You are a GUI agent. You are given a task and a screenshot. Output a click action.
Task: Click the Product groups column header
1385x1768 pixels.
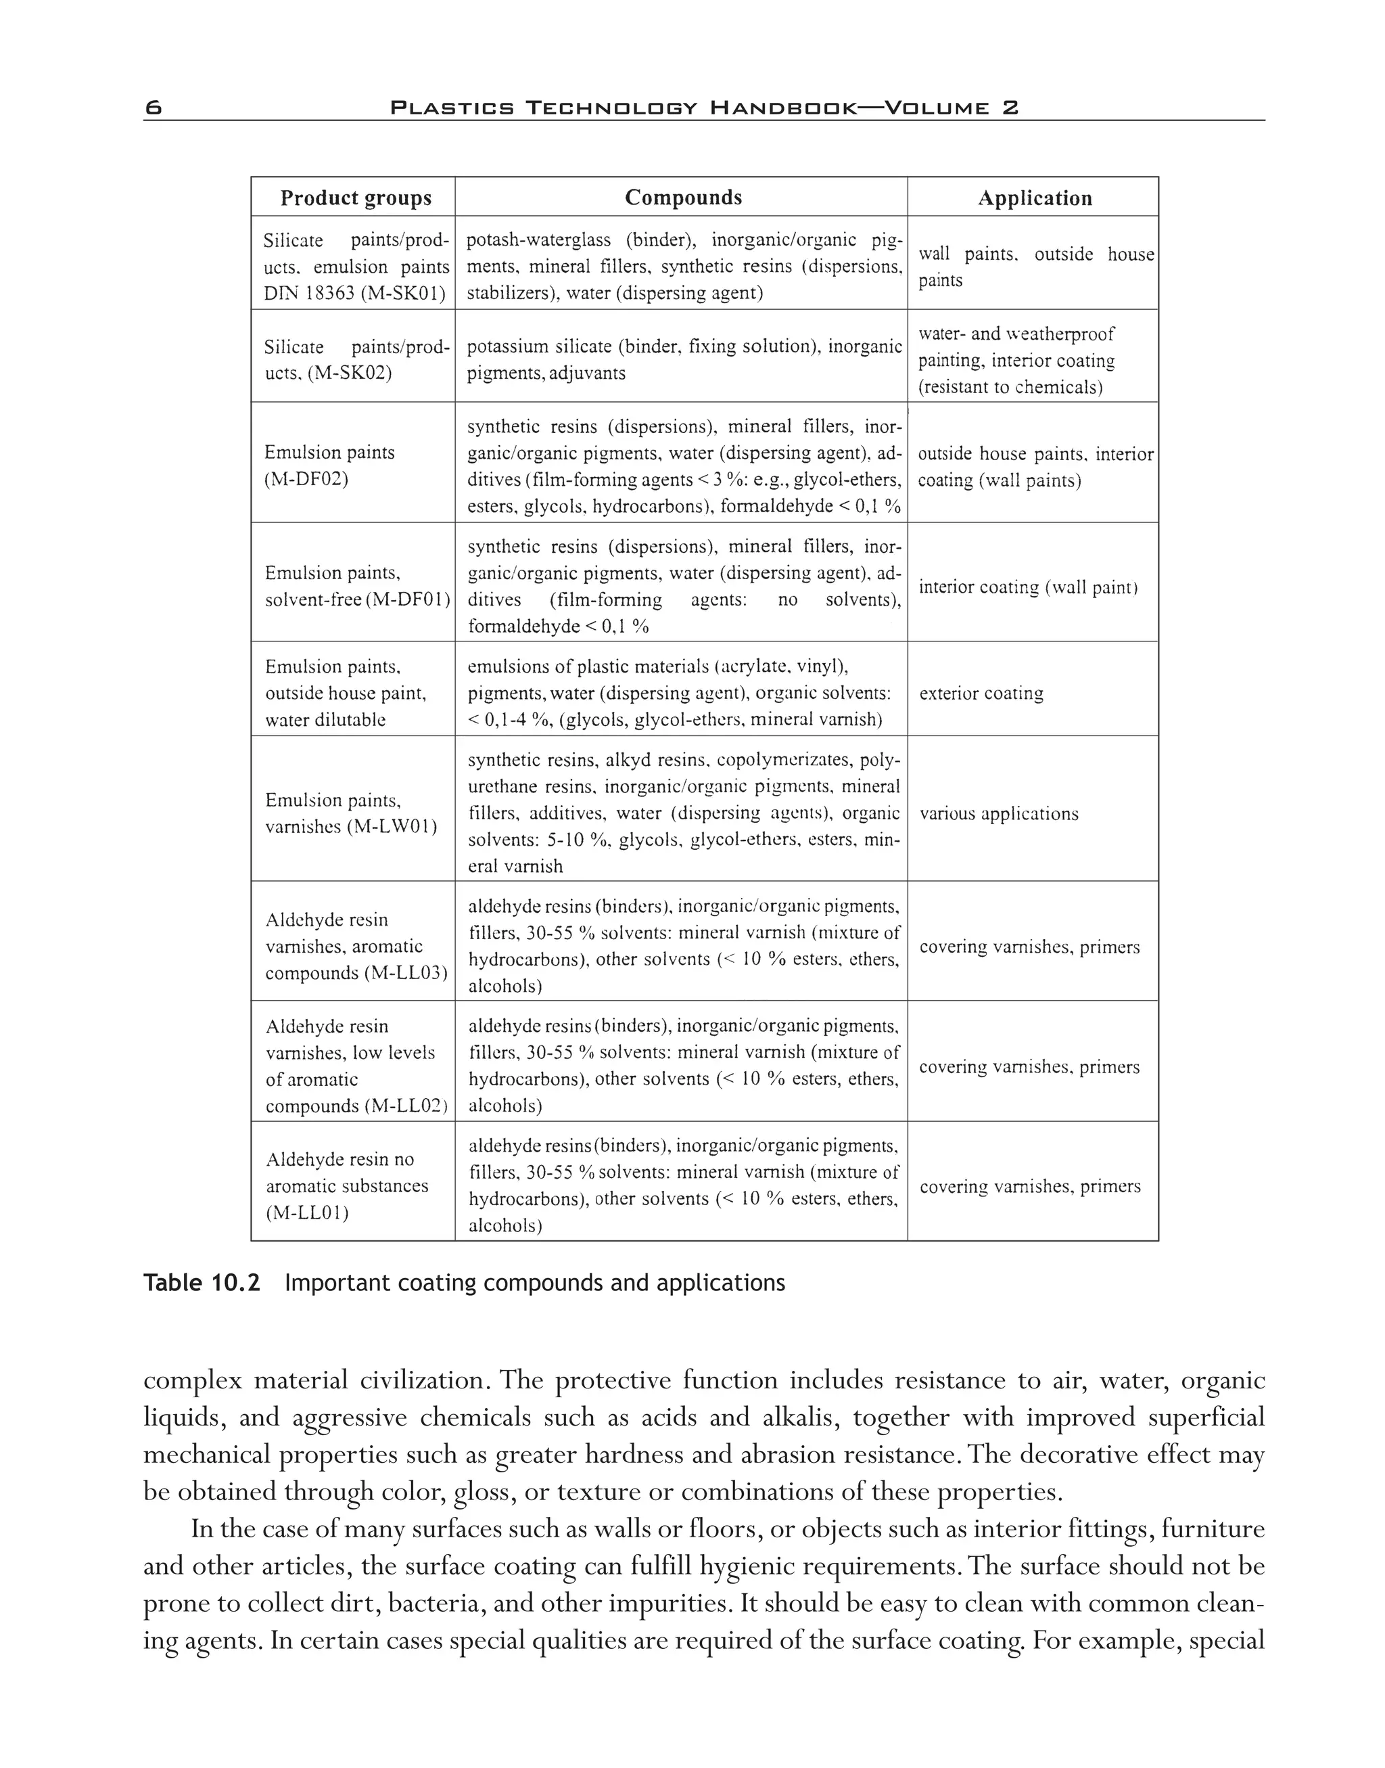coord(355,198)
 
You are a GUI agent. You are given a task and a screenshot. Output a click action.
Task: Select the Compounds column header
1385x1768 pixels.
coord(683,197)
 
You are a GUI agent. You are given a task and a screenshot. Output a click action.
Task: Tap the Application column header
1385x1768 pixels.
coord(1034,198)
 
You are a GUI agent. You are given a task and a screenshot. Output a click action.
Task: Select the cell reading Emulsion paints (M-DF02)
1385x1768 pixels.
coord(329,466)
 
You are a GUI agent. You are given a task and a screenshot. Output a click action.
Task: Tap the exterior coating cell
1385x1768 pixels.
coord(981,693)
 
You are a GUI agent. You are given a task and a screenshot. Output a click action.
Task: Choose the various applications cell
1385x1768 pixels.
coord(998,814)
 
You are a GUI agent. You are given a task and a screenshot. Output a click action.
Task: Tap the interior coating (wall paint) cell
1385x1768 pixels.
coord(1027,587)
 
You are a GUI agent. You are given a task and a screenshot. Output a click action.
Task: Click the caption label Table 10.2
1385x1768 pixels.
coord(201,1283)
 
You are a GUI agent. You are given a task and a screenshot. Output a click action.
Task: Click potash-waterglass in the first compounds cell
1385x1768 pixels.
coord(538,240)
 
